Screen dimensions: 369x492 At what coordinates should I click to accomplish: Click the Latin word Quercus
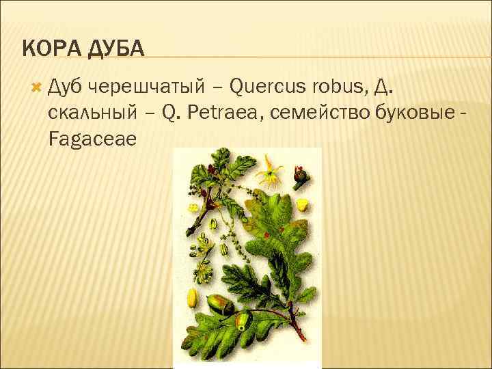269,87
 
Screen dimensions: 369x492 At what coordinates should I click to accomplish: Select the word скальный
91,113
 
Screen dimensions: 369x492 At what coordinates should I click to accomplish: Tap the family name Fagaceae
93,139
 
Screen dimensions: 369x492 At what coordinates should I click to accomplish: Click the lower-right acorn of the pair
242,320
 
